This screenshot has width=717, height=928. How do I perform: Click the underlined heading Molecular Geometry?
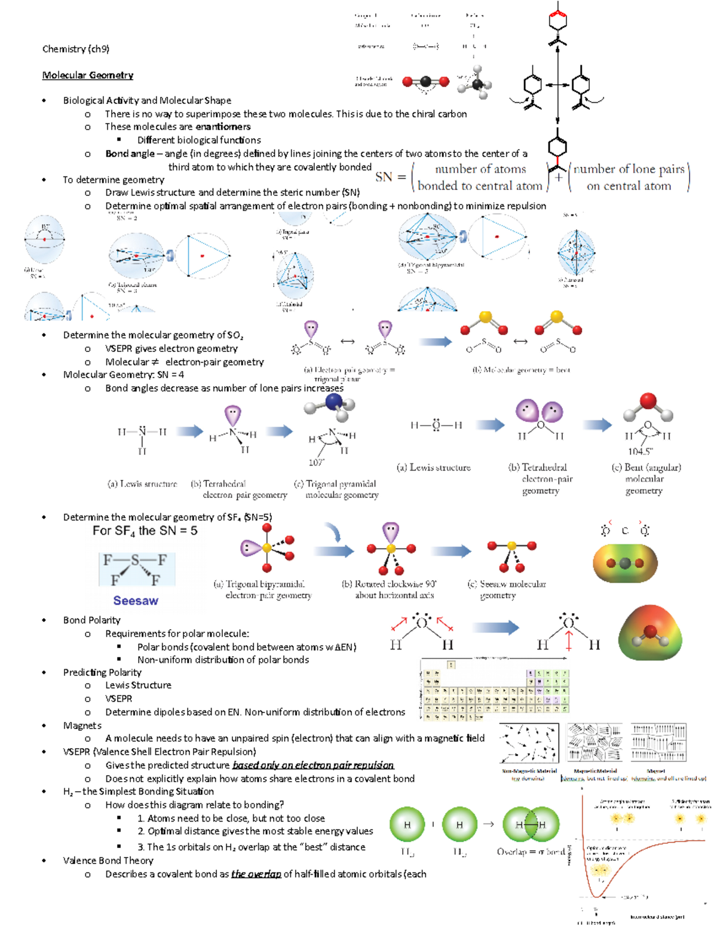click(87, 75)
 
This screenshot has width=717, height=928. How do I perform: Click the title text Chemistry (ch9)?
click(75, 49)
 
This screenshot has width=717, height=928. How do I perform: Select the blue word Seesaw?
click(136, 601)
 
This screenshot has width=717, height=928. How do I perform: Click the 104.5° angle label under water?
click(640, 452)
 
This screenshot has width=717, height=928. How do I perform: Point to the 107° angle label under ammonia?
click(316, 463)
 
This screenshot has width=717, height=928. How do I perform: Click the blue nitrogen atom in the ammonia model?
click(333, 401)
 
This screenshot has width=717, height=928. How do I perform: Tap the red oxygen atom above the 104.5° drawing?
click(648, 401)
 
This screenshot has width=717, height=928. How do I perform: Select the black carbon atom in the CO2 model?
click(425, 82)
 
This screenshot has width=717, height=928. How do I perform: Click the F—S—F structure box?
click(137, 569)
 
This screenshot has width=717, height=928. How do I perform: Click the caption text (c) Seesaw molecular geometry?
click(506, 589)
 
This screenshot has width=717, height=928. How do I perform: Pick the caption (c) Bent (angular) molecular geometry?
click(646, 479)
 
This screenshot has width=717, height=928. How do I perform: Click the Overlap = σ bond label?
click(531, 852)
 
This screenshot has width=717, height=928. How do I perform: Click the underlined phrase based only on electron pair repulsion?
click(313, 765)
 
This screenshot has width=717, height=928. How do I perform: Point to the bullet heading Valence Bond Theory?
click(108, 860)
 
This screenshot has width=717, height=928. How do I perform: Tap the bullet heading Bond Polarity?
click(91, 620)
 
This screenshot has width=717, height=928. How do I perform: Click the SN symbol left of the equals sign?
click(384, 177)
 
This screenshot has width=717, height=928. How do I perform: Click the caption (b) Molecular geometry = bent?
click(521, 370)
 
